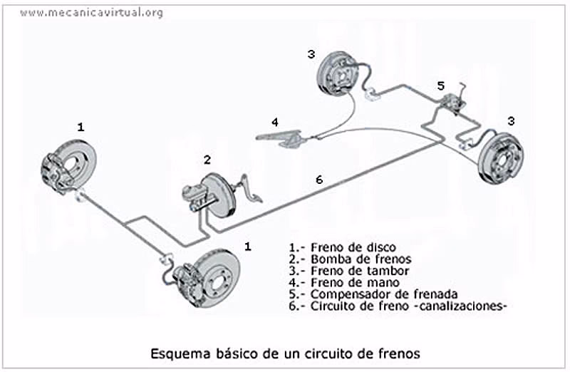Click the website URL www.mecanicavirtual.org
[x=91, y=13]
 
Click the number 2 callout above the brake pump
[x=207, y=159]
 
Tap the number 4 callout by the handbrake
[x=274, y=121]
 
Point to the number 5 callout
[x=441, y=86]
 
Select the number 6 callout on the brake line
[x=318, y=180]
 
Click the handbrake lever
[x=281, y=135]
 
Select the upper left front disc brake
[x=68, y=165]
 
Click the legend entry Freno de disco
[x=335, y=247]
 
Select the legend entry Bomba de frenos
[x=341, y=259]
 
